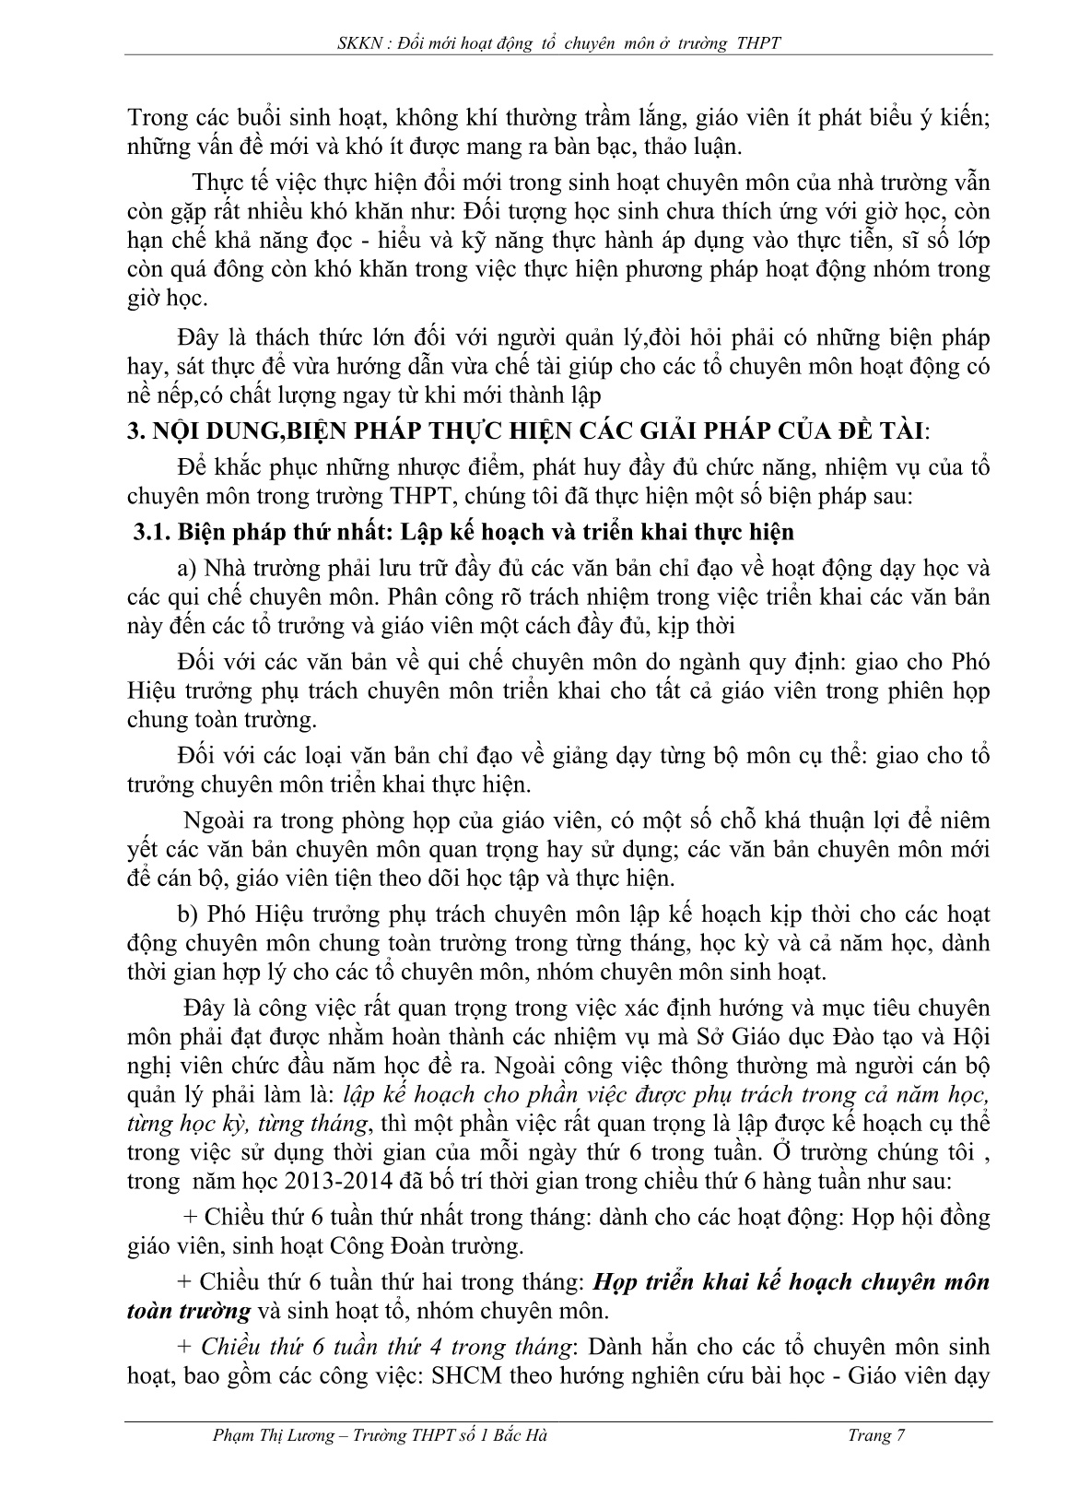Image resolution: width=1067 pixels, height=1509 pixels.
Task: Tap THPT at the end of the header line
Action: (759, 42)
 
